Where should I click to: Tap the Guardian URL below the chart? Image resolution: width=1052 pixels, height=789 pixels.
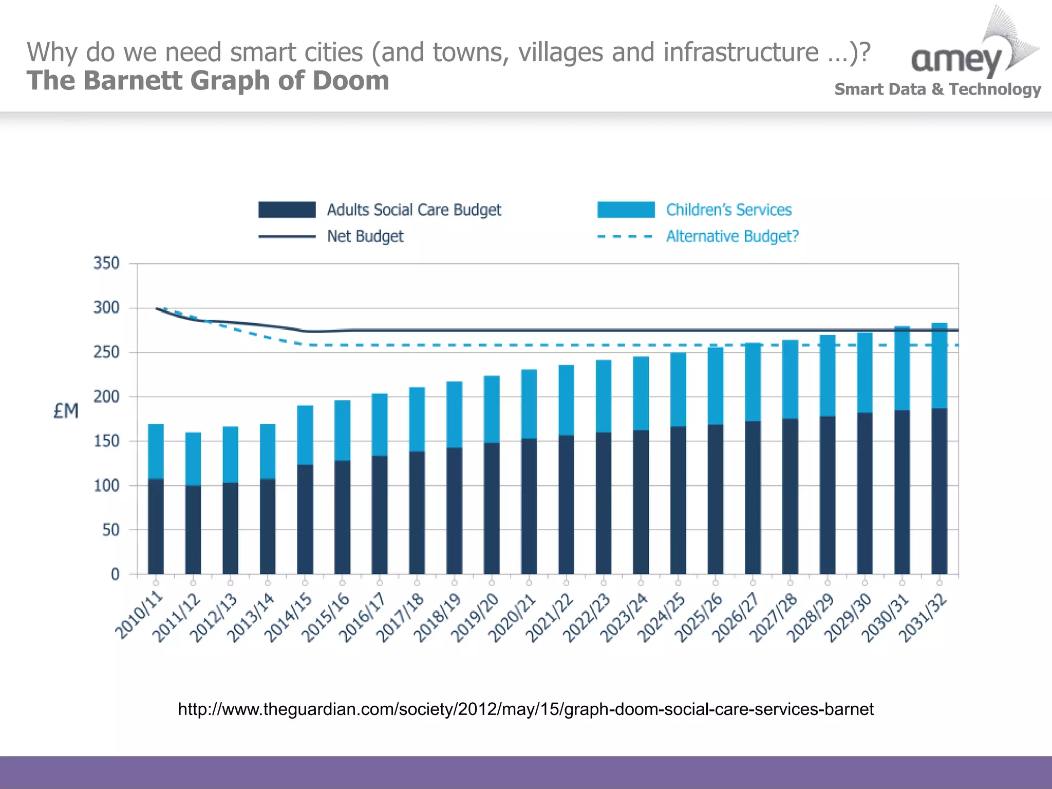point(525,709)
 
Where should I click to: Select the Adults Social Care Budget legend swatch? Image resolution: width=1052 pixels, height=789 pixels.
point(287,210)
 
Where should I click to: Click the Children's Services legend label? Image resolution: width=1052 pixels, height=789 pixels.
point(728,210)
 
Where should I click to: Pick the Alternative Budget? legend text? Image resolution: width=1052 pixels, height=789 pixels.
point(732,236)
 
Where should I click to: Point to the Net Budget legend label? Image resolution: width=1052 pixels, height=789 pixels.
point(365,236)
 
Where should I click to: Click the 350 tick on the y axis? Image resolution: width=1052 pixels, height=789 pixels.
point(106,264)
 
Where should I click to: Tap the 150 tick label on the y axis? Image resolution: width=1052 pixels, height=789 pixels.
point(106,441)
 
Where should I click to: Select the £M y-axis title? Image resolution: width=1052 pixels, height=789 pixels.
point(66,411)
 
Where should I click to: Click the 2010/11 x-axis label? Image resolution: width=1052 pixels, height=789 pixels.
point(139,616)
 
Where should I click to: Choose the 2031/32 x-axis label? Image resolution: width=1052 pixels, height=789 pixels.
point(923,617)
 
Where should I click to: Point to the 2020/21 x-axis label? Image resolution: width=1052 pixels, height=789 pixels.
point(512,617)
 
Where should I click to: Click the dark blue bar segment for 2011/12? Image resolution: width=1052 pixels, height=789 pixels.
point(193,529)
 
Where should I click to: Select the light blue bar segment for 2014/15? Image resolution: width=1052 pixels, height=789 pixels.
point(305,435)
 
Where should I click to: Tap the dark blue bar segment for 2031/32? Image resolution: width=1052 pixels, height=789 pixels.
point(940,491)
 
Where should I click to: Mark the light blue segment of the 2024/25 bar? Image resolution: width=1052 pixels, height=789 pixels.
point(678,389)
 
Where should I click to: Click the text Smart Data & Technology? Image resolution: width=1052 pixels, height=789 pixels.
point(937,89)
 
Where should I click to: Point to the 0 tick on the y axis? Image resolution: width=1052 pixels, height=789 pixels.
point(115,574)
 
